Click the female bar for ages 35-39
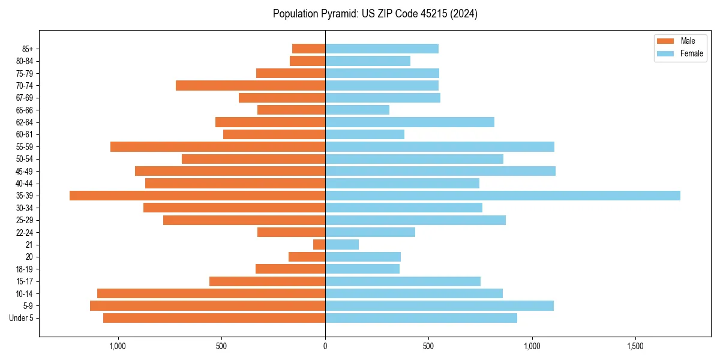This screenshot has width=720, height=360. click(503, 196)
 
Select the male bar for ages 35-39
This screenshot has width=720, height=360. click(197, 196)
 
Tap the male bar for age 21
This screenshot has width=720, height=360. click(319, 244)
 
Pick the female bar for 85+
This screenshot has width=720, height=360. click(382, 49)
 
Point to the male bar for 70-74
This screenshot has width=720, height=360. click(250, 85)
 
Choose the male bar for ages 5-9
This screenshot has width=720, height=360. click(208, 305)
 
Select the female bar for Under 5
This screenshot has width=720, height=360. click(421, 318)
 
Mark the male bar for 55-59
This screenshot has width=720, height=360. click(218, 146)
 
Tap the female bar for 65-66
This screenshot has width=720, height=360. click(357, 110)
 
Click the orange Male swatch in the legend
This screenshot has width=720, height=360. click(666, 41)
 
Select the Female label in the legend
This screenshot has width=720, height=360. click(692, 53)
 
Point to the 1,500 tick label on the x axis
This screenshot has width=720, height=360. click(635, 346)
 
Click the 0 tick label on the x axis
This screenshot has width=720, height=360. click(325, 346)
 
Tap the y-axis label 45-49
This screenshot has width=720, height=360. click(25, 171)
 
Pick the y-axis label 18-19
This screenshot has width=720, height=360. click(25, 269)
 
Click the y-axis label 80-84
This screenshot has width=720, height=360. click(25, 61)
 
